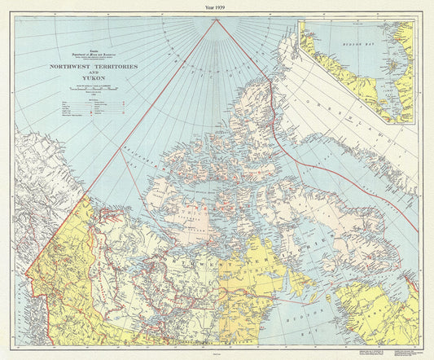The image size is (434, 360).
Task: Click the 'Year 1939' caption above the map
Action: pos(217,6)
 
